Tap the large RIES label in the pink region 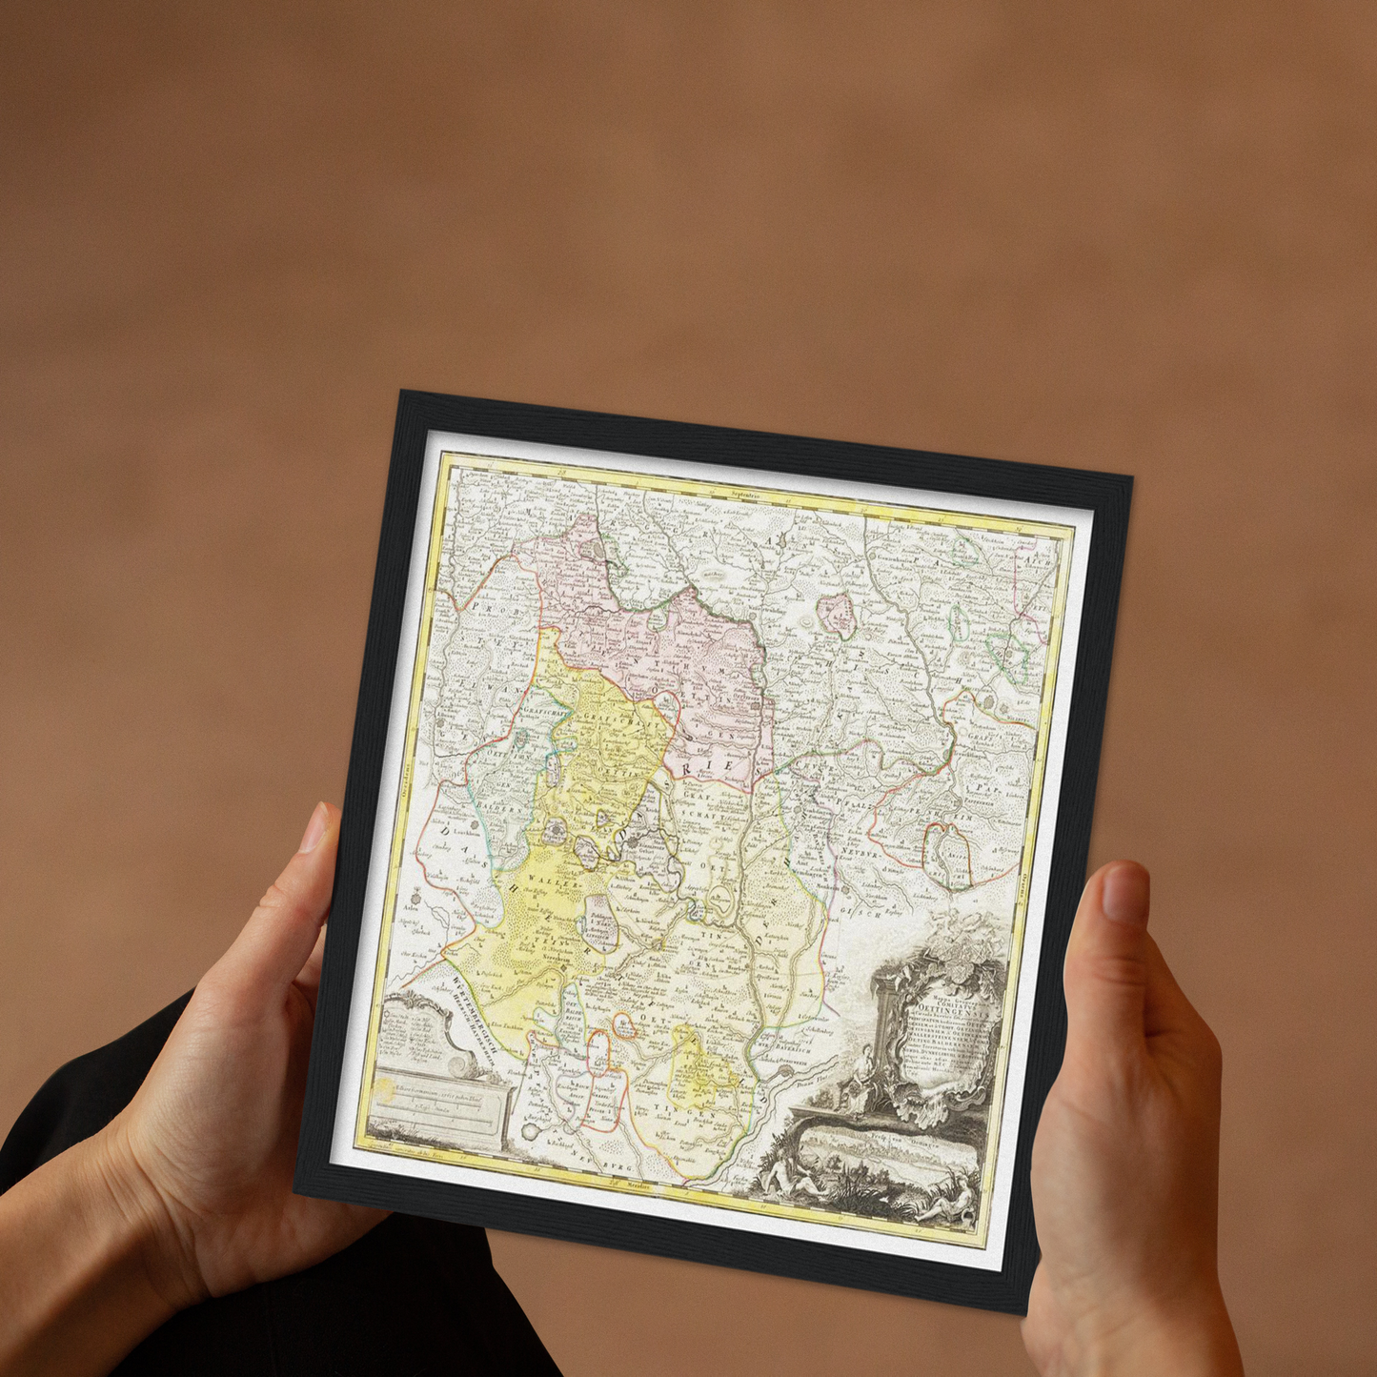pyautogui.click(x=713, y=767)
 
